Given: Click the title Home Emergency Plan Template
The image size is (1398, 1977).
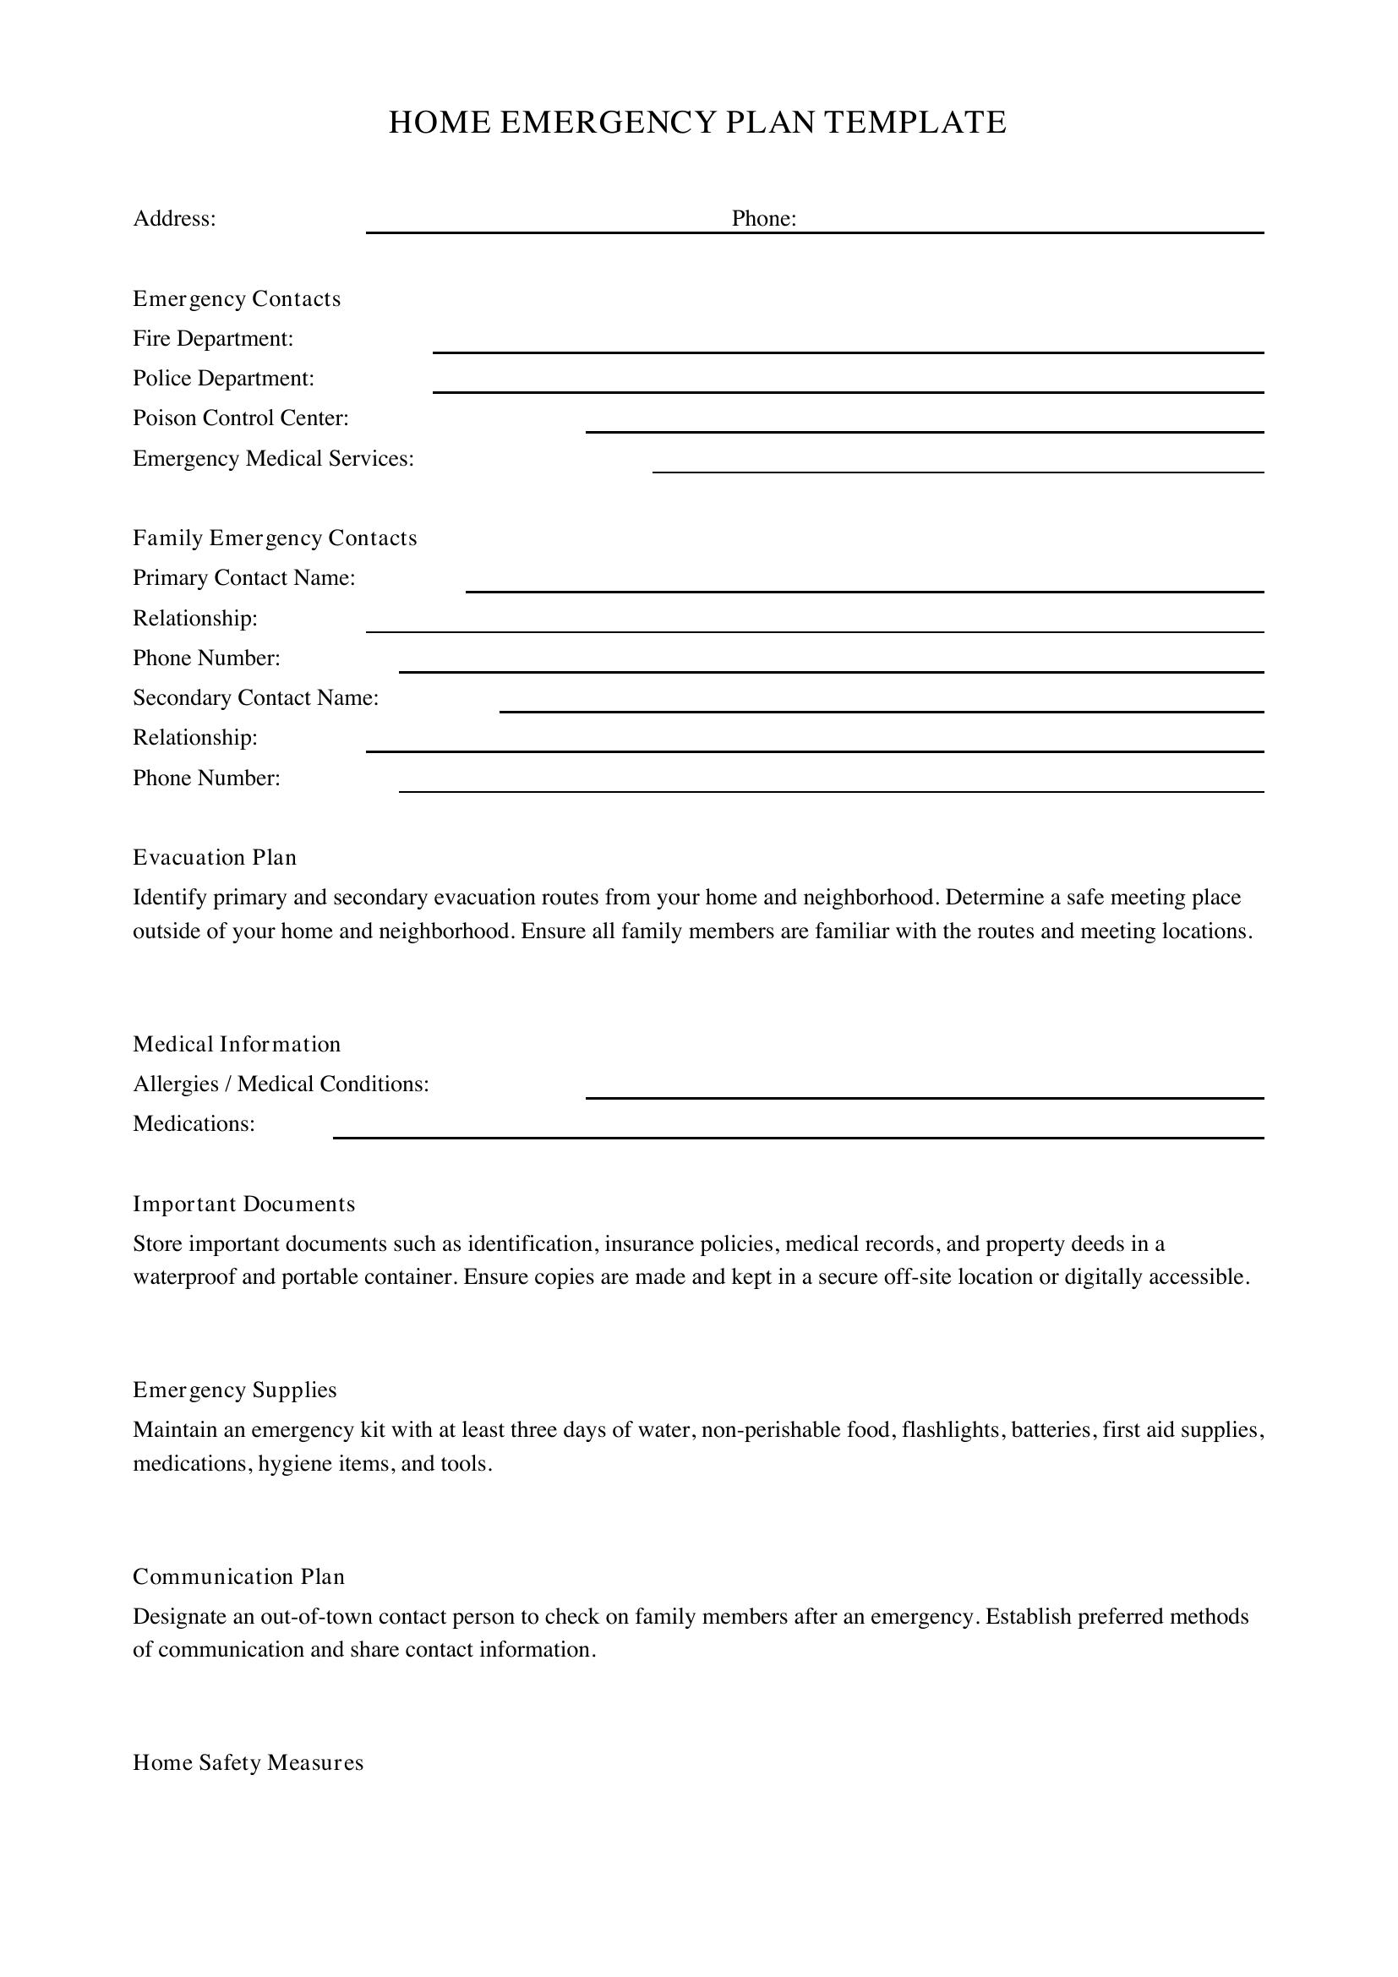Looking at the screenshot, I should [697, 123].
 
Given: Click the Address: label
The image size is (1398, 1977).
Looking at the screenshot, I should [174, 219].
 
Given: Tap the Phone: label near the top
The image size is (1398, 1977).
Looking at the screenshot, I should [763, 219].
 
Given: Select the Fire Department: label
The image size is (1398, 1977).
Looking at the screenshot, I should [213, 338].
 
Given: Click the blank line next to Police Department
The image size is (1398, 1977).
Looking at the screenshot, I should [847, 390].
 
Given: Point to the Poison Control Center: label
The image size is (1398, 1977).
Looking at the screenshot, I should [240, 418].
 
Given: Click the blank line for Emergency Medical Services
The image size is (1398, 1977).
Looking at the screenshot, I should [958, 470].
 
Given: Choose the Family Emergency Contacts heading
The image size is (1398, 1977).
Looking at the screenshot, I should [275, 538].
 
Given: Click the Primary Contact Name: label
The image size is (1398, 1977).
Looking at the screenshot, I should [243, 578].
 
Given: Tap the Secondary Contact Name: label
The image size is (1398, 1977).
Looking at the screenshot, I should [255, 697].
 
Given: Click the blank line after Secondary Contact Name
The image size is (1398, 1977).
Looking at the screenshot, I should [881, 709].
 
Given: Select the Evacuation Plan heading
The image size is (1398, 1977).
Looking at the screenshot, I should [215, 858].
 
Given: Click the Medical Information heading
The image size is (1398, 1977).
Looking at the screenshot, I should [237, 1045].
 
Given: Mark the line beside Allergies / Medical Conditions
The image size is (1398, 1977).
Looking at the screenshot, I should [924, 1096].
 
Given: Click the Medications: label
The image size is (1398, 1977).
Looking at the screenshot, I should [194, 1123].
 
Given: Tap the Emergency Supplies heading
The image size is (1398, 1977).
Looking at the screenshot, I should [234, 1390].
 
